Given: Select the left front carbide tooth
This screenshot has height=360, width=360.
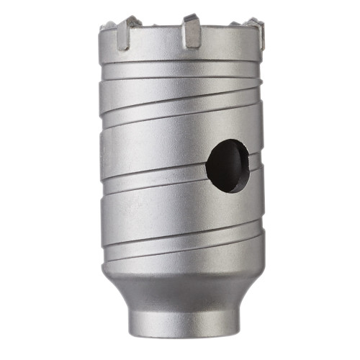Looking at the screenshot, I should [123, 34].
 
